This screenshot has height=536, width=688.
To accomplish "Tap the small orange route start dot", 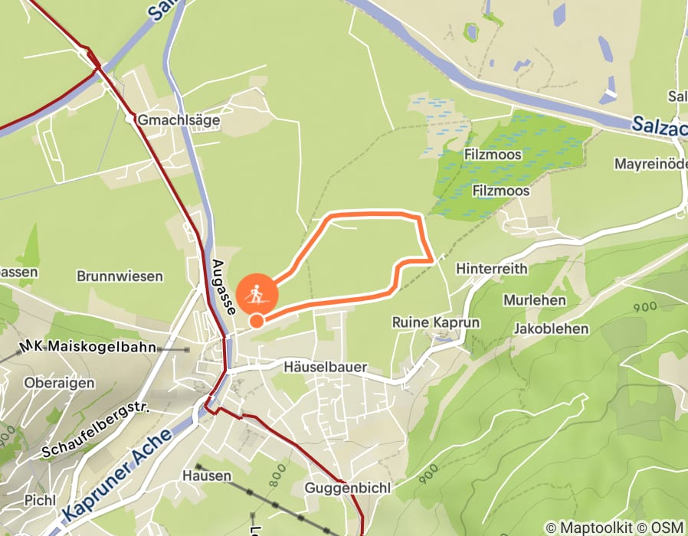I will click(x=257, y=321).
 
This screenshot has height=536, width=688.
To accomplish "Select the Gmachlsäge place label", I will click(x=179, y=120).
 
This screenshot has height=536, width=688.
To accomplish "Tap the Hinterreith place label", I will click(x=491, y=269).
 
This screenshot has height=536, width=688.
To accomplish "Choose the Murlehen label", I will click(x=535, y=299).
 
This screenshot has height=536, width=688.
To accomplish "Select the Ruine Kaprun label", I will click(x=436, y=322).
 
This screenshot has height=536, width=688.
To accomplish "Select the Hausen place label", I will click(x=207, y=476).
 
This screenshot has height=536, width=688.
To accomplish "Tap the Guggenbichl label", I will click(x=348, y=488).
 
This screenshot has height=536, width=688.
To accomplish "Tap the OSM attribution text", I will click(x=666, y=528).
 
